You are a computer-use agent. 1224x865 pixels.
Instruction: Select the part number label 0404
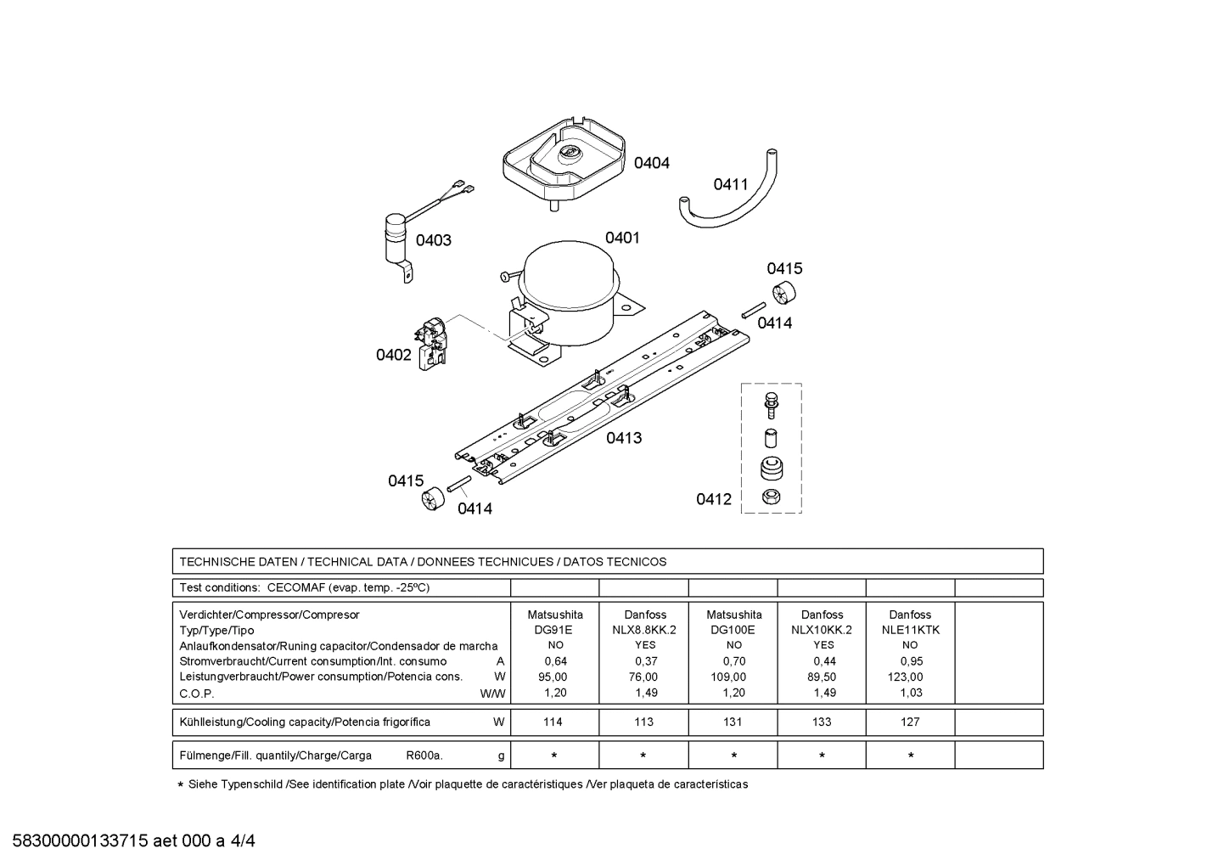point(651,163)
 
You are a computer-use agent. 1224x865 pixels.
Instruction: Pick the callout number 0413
point(624,438)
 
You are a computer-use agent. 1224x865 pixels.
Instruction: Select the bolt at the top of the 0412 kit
point(772,403)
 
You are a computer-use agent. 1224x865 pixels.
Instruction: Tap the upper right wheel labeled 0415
point(787,294)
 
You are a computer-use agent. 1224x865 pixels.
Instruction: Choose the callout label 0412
point(714,499)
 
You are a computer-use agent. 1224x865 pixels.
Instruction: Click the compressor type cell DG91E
point(553,630)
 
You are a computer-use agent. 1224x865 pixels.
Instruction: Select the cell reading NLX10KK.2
point(821,630)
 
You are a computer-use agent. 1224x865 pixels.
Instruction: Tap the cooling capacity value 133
point(821,722)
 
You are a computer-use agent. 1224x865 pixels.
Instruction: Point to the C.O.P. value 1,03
point(911,693)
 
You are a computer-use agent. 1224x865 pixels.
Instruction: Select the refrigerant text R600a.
point(424,755)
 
